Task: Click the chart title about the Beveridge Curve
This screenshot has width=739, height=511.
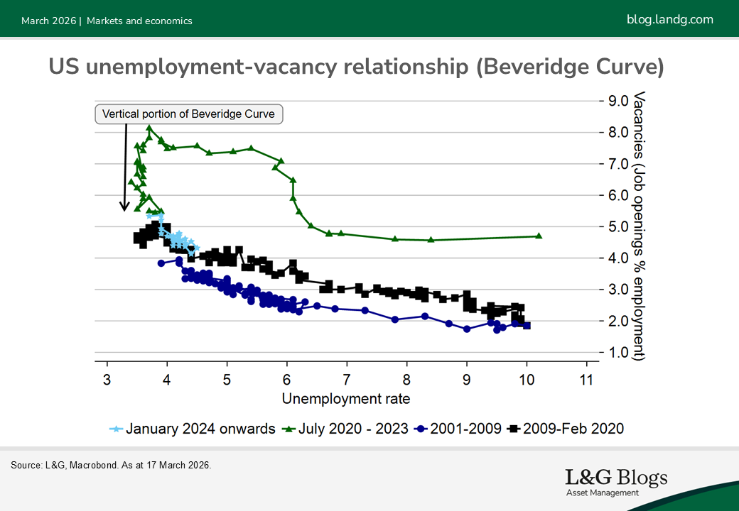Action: pyautogui.click(x=356, y=67)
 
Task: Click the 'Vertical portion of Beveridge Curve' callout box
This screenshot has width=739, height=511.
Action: pyautogui.click(x=188, y=114)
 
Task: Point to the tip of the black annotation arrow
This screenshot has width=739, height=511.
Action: pyautogui.click(x=124, y=210)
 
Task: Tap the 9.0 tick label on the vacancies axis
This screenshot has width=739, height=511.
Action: pyautogui.click(x=615, y=101)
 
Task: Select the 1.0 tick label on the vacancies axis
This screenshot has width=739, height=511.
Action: pyautogui.click(x=615, y=353)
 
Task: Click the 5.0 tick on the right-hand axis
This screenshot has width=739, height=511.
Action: pyautogui.click(x=615, y=227)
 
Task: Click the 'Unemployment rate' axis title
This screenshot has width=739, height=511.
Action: pyautogui.click(x=346, y=398)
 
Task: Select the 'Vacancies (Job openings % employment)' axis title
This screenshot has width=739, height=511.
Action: pyautogui.click(x=640, y=226)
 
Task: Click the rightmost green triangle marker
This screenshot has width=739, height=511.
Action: pyautogui.click(x=538, y=236)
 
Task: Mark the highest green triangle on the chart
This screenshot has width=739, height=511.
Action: pyautogui.click(x=149, y=128)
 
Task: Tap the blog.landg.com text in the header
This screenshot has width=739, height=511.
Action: pyautogui.click(x=670, y=20)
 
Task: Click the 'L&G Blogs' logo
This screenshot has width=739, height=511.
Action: pyautogui.click(x=616, y=481)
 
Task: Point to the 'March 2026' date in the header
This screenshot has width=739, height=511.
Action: pyautogui.click(x=48, y=21)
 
